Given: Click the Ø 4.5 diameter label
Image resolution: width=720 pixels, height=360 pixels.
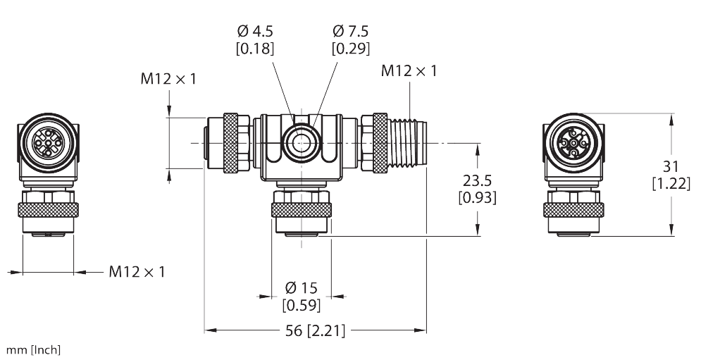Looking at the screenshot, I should point(256,32).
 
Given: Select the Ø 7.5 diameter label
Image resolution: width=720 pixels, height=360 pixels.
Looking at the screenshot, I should point(351,32).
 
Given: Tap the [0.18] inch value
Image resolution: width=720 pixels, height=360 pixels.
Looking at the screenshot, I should point(256,49).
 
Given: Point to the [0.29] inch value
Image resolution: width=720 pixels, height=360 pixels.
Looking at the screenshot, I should point(351,49).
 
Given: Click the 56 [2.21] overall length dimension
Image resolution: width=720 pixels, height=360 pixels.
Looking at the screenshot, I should point(315,330).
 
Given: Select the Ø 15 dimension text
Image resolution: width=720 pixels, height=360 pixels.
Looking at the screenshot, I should point(301,288).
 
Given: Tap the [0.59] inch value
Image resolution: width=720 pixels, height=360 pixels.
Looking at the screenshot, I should point(302,305).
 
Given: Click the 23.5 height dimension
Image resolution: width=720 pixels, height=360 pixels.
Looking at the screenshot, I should point(477,180).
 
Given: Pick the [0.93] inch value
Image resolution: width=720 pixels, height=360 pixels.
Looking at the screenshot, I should point(477,197).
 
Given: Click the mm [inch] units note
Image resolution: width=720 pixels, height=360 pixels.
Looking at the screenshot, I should point(33,350).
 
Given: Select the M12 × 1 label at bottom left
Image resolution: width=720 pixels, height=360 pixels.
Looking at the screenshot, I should point(137,271).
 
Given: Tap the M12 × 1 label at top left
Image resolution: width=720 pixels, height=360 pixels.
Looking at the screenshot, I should point(168,80).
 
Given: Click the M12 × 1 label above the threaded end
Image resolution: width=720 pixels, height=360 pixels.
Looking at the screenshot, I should point(409,71).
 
